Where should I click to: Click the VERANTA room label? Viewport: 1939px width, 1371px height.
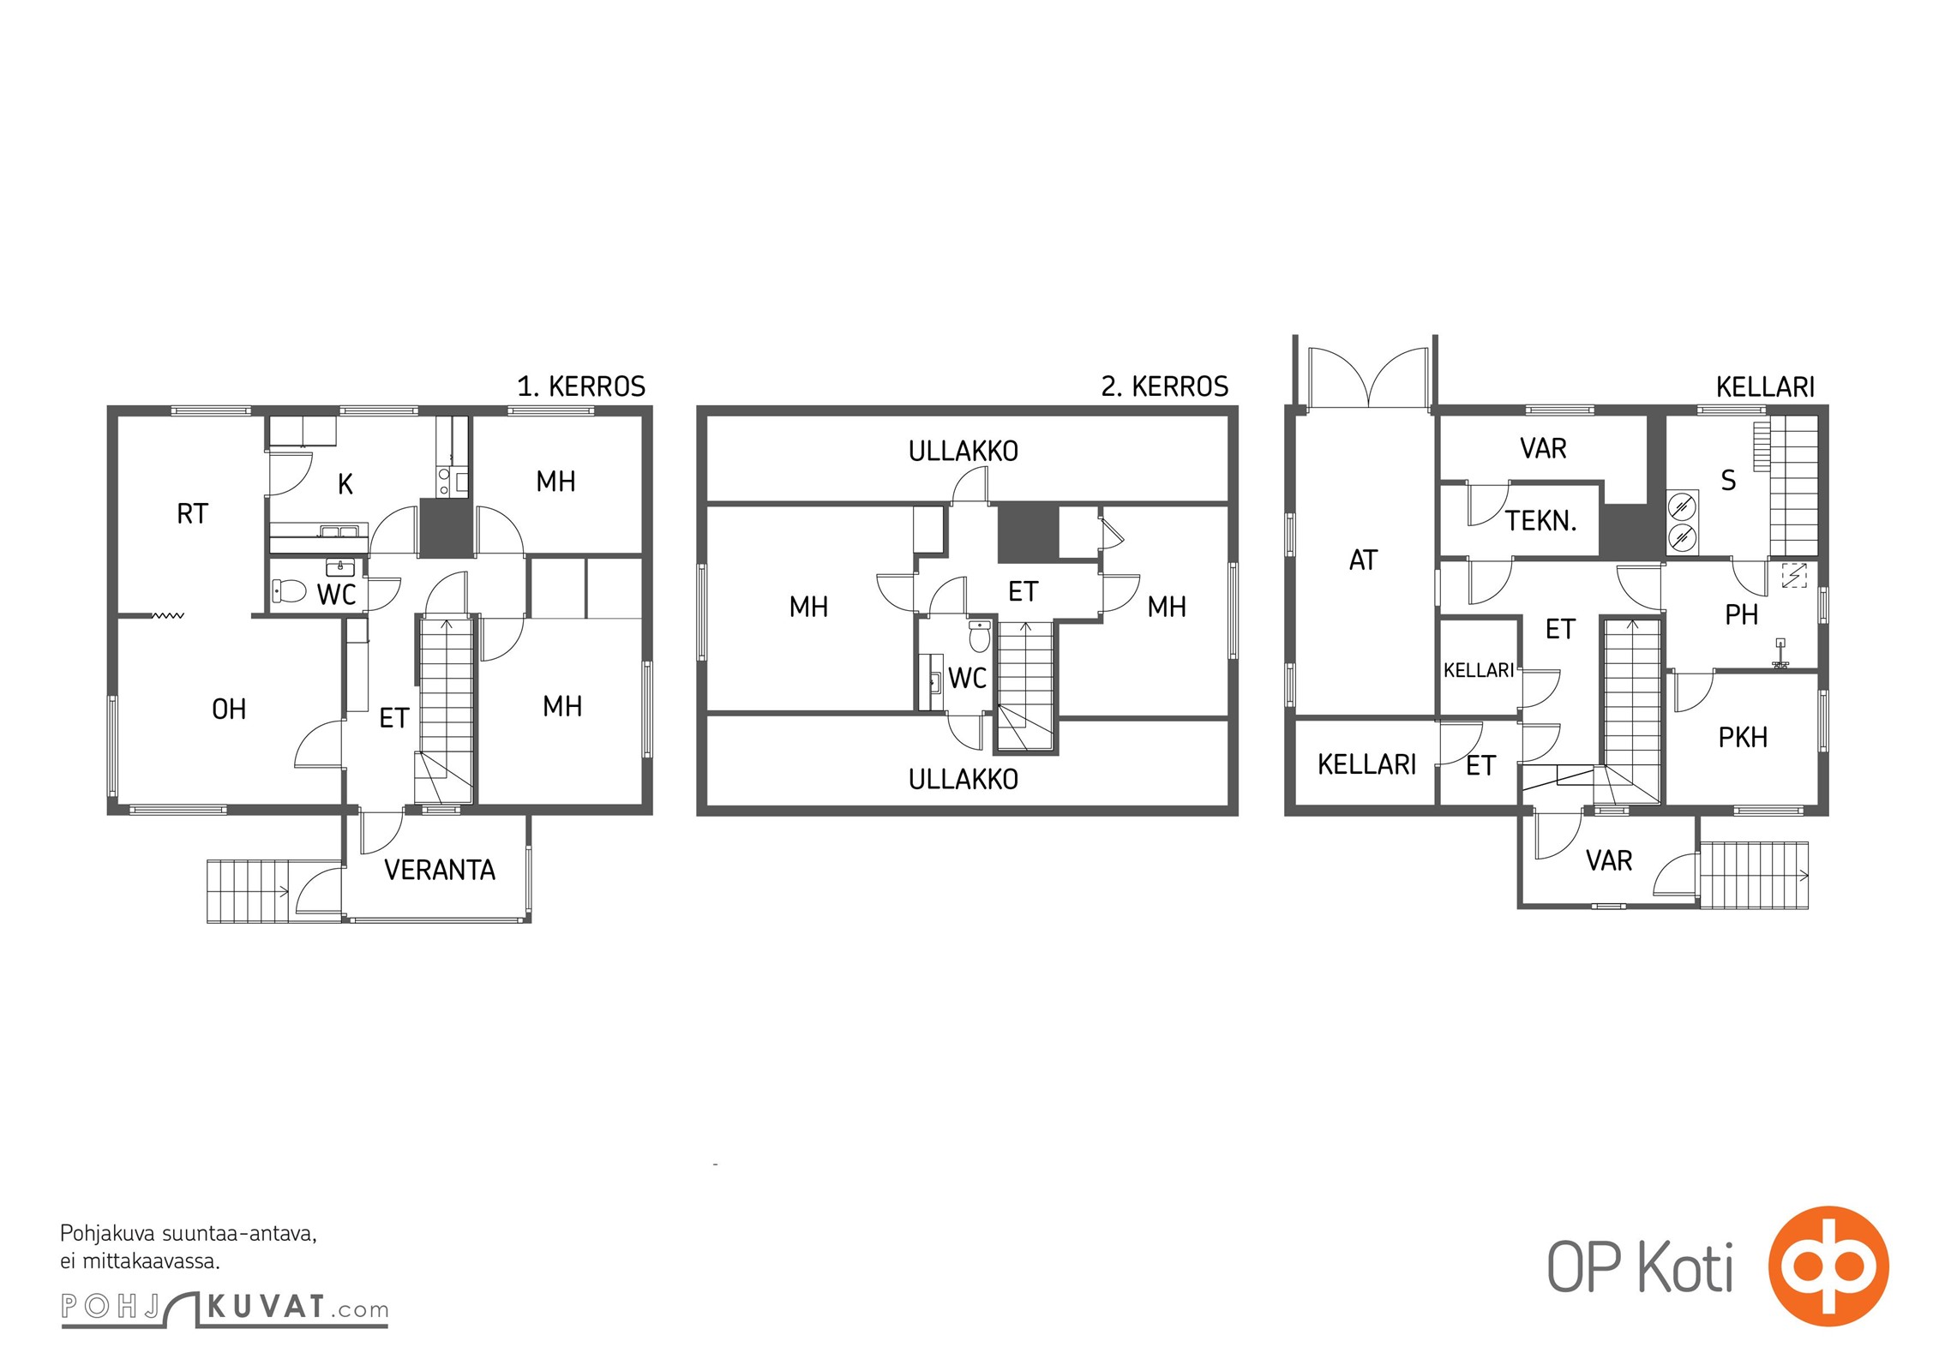[440, 870]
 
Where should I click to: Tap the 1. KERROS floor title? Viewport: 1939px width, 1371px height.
[581, 386]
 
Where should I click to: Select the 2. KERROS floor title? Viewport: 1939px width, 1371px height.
[1165, 386]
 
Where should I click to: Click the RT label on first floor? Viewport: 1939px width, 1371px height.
[192, 513]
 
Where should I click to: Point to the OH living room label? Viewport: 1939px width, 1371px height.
[229, 709]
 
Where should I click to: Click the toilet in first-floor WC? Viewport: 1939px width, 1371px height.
[290, 590]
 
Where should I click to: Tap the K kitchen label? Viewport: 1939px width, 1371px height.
[345, 484]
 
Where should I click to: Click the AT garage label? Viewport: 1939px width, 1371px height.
[1363, 560]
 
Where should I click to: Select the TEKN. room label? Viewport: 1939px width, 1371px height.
[1541, 520]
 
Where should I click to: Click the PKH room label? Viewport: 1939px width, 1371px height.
[1743, 737]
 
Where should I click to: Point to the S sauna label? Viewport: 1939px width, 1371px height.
[1728, 481]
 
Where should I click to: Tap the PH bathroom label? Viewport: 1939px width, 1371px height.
[1741, 614]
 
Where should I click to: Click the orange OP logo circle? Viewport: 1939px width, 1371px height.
[1828, 1266]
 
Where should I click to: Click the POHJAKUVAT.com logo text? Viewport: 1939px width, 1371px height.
[225, 1308]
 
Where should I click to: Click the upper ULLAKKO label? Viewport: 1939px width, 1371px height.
[963, 451]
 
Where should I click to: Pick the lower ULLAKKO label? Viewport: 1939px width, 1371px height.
[963, 779]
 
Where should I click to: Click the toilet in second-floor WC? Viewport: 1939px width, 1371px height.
[979, 636]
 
